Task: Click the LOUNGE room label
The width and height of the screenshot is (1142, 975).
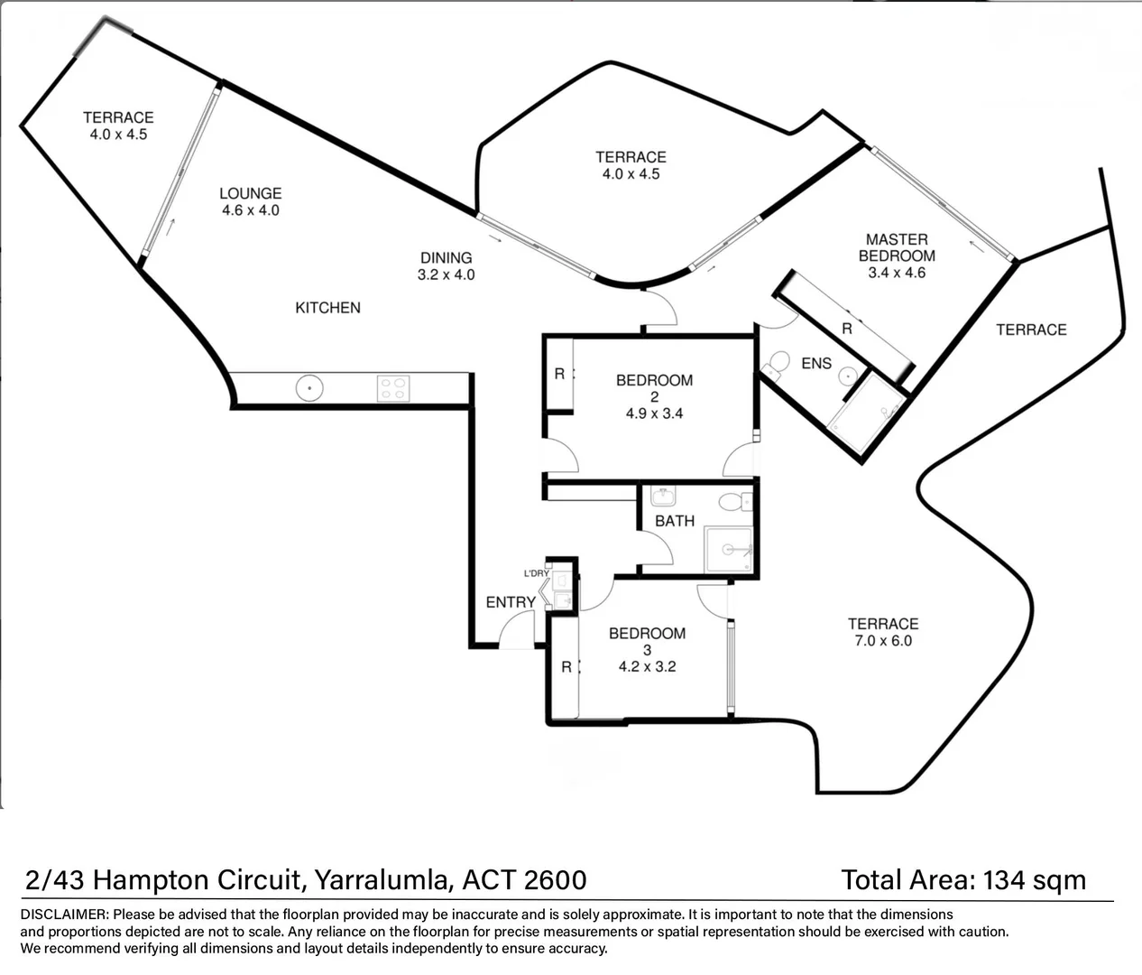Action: click(250, 193)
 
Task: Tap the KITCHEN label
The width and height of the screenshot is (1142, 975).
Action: click(327, 308)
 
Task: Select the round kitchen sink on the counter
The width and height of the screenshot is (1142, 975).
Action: click(309, 388)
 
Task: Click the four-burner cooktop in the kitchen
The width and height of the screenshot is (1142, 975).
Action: click(392, 388)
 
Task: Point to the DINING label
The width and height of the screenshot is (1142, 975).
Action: click(446, 257)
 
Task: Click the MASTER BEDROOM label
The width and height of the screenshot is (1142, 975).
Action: click(897, 247)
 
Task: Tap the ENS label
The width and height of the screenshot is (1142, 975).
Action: click(816, 363)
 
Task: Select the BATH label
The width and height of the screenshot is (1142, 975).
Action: click(675, 521)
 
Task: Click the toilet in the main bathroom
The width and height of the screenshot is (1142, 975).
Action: click(735, 502)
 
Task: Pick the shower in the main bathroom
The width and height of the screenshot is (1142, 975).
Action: click(729, 550)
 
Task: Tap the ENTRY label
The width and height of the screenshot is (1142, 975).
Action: click(511, 602)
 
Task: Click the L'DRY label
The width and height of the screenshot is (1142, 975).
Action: click(536, 573)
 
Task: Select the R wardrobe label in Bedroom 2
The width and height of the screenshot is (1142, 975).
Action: click(559, 375)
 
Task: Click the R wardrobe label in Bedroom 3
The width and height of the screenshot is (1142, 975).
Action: click(566, 667)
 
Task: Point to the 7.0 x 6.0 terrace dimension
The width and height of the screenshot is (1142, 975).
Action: click(883, 641)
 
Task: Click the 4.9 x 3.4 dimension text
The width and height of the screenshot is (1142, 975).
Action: click(654, 413)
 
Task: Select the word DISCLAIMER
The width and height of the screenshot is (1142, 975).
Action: click(63, 915)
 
